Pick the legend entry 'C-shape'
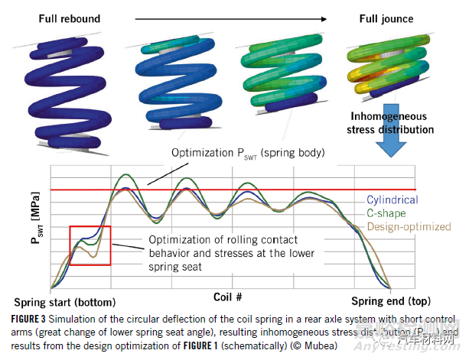point(386,213)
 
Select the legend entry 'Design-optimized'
point(406,226)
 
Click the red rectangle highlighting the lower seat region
point(90,245)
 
